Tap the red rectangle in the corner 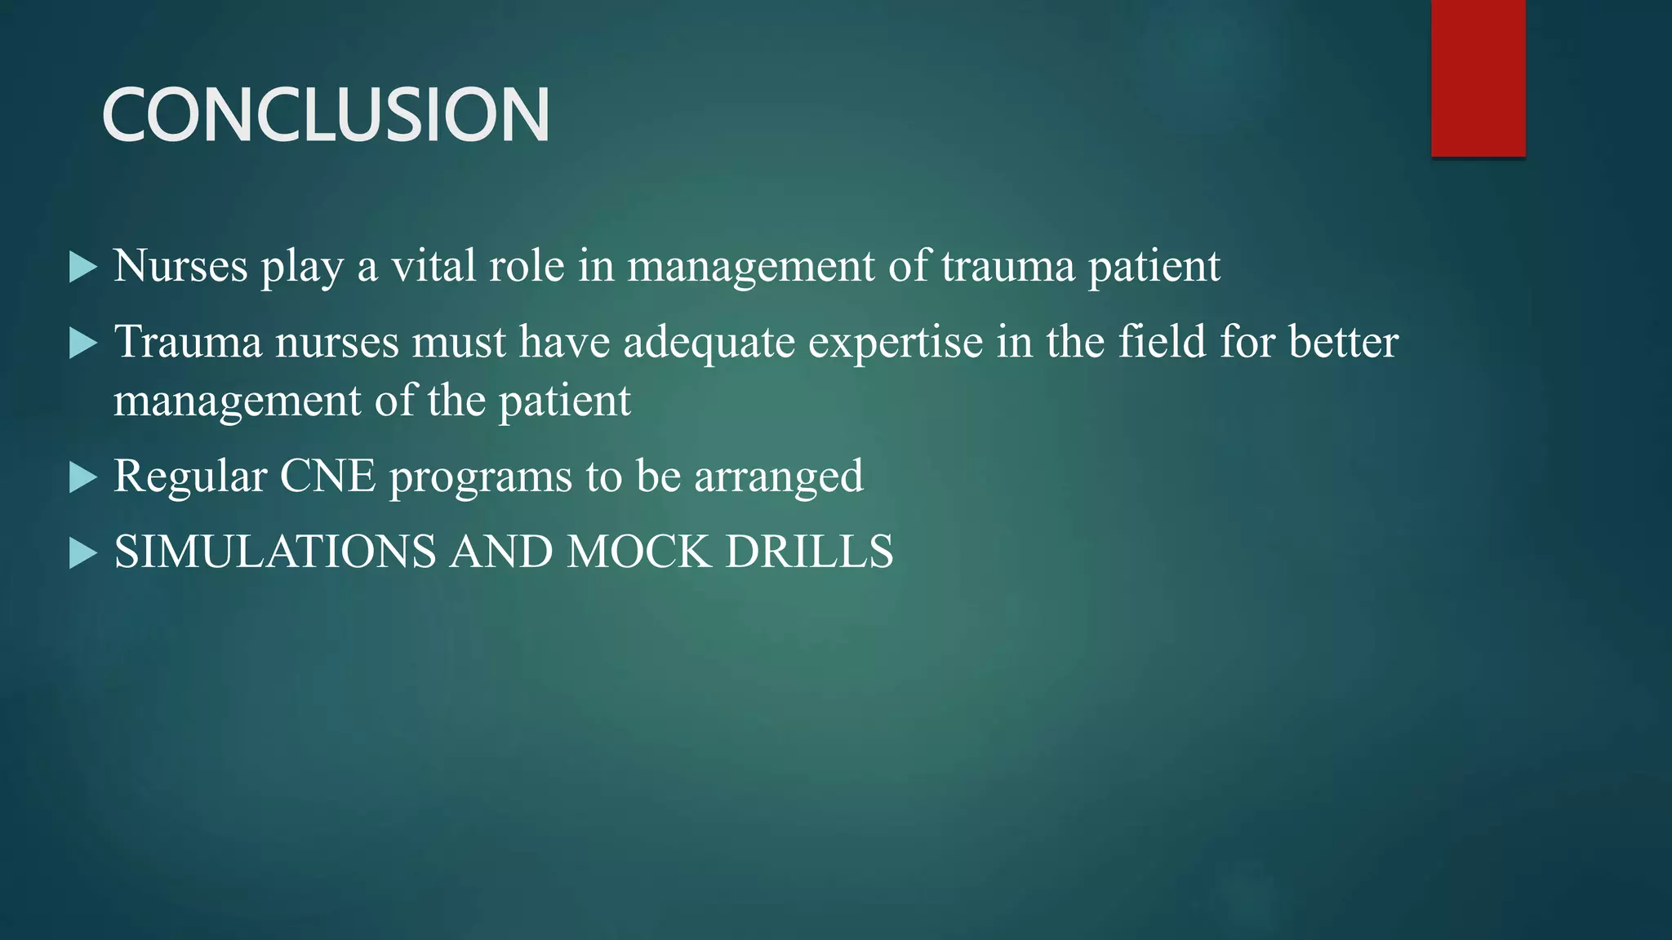point(1478,78)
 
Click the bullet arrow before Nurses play point(82,267)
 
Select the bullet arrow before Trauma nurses point(82,343)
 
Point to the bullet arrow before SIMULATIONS point(82,553)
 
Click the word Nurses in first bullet point(180,266)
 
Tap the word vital point(433,266)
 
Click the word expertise point(896,343)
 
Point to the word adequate point(709,343)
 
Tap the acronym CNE point(327,476)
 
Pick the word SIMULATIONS point(275,552)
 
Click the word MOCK point(638,552)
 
